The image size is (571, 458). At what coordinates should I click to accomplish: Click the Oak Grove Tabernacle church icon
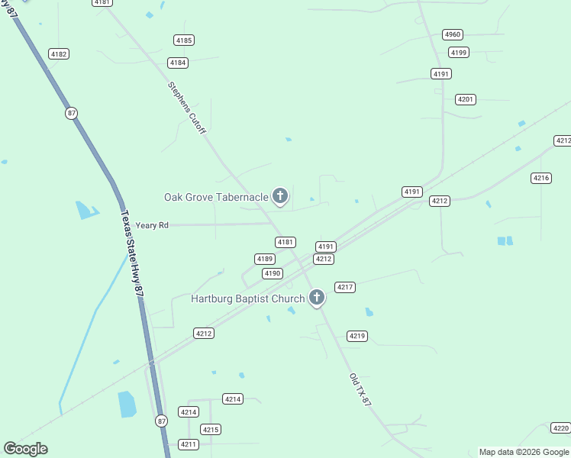(280, 196)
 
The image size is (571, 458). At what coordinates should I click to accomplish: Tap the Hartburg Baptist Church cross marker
(317, 298)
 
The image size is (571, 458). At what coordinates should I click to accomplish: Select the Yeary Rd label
(152, 225)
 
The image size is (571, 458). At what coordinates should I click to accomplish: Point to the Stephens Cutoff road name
(187, 108)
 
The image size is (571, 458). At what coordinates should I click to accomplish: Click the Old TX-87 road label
(360, 389)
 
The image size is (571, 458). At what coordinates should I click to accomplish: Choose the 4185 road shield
(183, 40)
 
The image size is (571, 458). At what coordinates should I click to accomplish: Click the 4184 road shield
(178, 63)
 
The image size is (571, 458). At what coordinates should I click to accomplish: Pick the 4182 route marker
(58, 53)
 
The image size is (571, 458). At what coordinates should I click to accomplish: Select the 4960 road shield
(453, 34)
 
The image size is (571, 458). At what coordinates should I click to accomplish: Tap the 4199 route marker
(459, 52)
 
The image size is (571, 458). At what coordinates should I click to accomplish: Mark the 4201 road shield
(466, 99)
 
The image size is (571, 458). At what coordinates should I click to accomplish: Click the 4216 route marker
(541, 178)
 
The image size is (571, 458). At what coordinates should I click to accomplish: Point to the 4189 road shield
(265, 259)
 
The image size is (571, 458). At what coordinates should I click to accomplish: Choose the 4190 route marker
(273, 273)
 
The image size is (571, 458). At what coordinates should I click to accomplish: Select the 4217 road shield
(345, 287)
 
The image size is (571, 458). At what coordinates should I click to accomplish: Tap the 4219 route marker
(357, 336)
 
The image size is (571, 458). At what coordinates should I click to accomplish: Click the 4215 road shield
(211, 430)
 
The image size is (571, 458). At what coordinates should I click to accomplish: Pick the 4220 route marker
(560, 428)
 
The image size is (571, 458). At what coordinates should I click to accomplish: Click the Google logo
(25, 449)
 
